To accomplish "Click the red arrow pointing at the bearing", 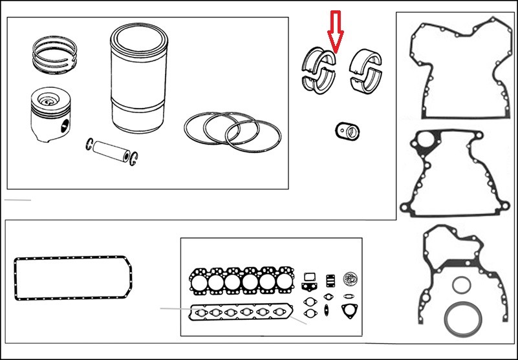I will click(335, 30).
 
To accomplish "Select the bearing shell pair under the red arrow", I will click(319, 67).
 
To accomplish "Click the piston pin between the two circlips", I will click(112, 150).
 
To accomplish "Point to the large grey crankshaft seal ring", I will click(460, 317).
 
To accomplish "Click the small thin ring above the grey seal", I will click(462, 285).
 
